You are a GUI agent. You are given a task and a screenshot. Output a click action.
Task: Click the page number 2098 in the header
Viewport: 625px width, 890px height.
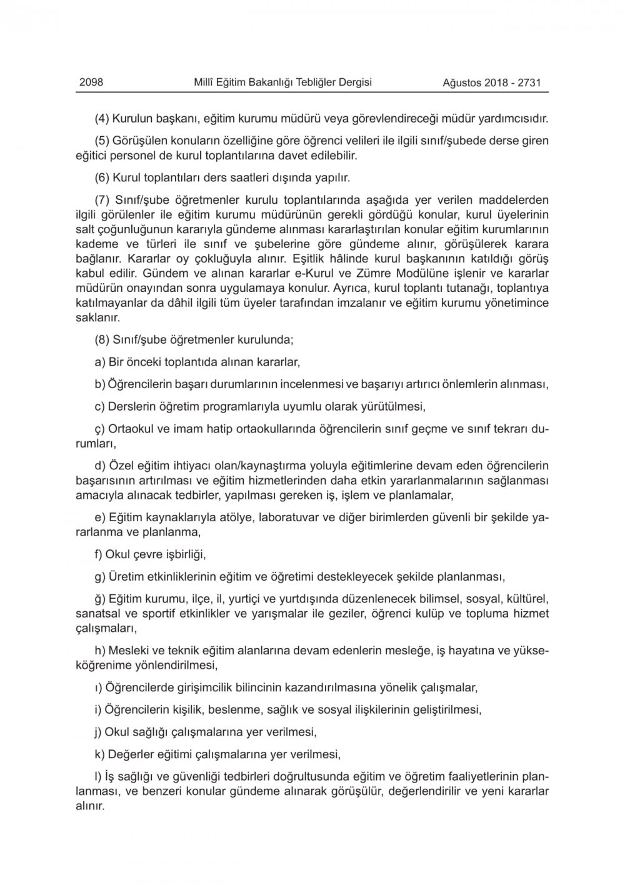91,82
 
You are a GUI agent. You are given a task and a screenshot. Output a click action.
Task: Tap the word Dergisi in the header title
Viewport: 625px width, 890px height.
354,82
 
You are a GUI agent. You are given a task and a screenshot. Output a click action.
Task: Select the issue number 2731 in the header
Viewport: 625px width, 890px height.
529,82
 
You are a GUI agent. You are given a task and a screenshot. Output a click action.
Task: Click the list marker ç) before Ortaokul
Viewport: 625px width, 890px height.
99,430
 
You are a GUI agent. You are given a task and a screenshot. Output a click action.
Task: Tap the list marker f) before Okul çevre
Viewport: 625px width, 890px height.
98,554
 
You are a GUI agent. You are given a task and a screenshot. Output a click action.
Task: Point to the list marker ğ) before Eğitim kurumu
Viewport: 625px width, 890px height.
100,599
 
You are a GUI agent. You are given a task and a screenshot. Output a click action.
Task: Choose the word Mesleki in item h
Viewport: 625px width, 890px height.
127,651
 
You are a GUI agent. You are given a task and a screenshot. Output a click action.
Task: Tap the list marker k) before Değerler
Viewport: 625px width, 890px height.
99,754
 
